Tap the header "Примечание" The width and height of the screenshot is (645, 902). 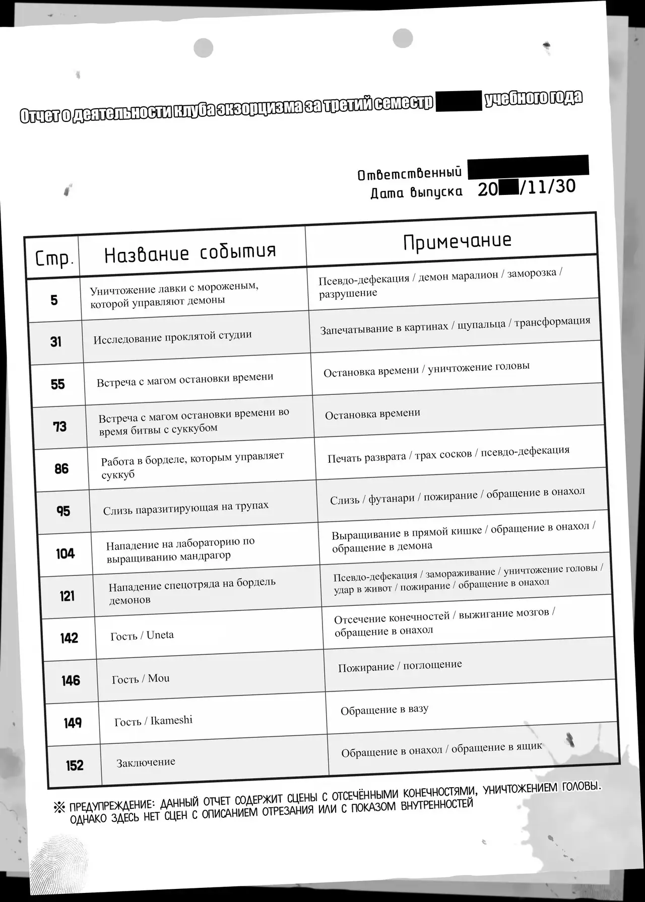(x=457, y=241)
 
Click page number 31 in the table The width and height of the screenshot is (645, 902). (x=56, y=342)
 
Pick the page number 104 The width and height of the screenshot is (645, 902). (x=65, y=554)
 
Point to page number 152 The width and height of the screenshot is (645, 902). (x=74, y=766)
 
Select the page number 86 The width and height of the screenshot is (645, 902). (x=61, y=469)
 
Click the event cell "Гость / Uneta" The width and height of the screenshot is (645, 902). (x=142, y=636)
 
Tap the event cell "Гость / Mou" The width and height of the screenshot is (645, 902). (x=141, y=679)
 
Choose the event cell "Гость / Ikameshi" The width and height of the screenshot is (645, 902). (x=153, y=721)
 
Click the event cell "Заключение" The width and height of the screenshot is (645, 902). (x=146, y=762)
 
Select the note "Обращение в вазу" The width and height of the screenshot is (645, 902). (x=384, y=710)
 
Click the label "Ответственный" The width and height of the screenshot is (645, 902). (x=409, y=174)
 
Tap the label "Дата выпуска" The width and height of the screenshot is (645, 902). (x=416, y=192)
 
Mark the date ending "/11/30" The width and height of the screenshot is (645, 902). (x=527, y=187)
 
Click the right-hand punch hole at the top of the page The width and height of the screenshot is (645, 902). (x=403, y=39)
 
